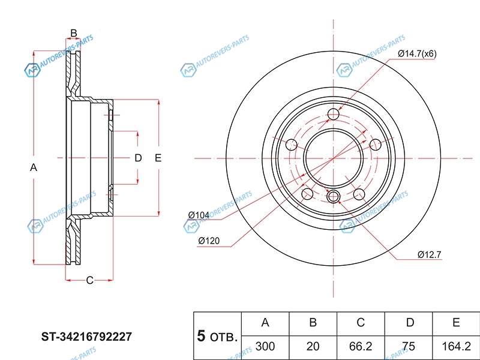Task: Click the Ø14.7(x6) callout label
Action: (417, 54)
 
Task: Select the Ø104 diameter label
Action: (199, 215)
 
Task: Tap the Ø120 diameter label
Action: (209, 241)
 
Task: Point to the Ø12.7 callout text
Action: (429, 254)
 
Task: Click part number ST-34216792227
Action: (86, 337)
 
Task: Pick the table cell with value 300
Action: (265, 346)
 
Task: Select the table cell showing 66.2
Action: (361, 346)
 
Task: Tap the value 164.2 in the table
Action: (456, 346)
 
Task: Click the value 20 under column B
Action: (313, 346)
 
